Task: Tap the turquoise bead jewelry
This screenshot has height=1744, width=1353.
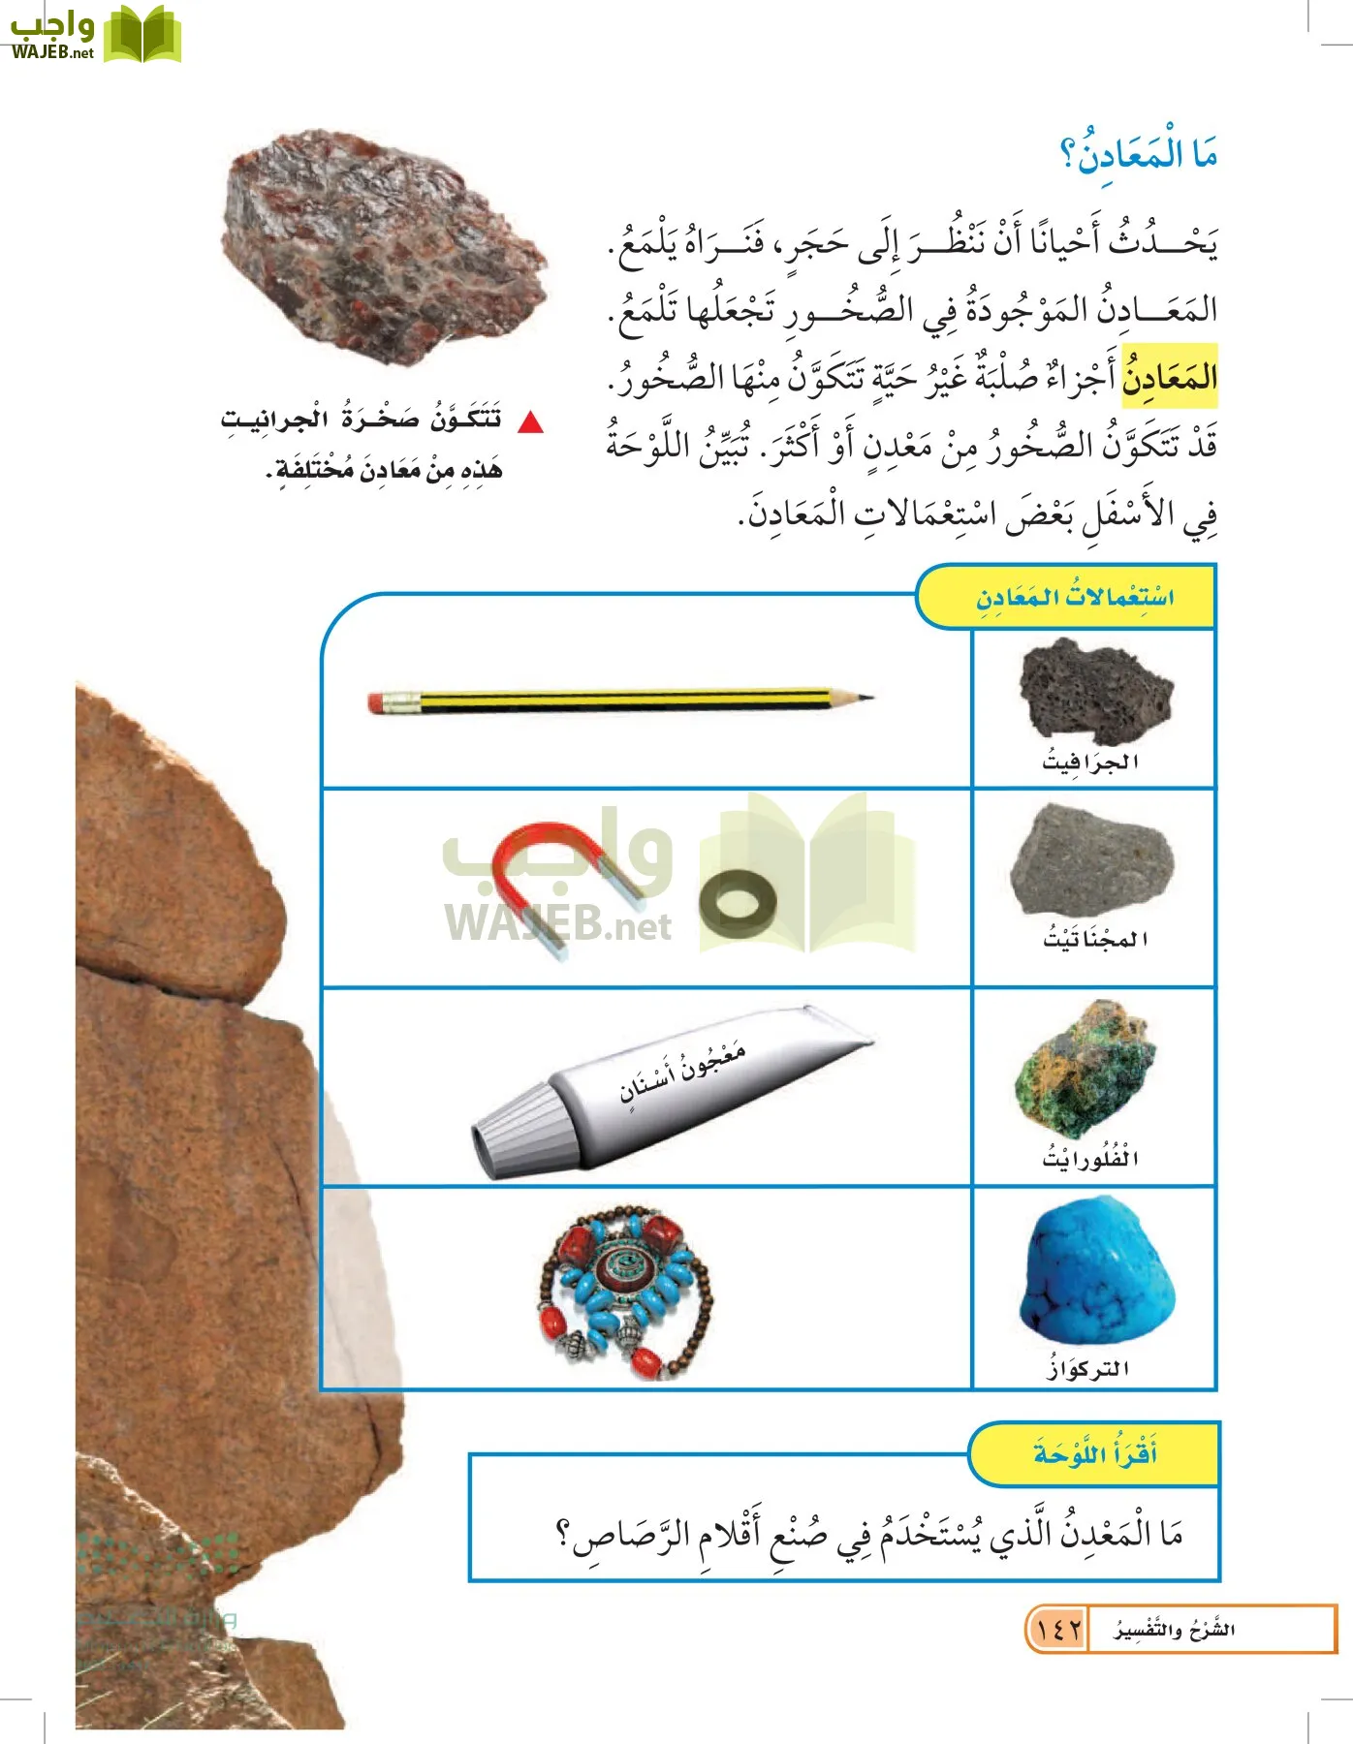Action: click(x=625, y=1291)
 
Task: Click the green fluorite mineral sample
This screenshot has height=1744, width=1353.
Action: click(x=1087, y=1072)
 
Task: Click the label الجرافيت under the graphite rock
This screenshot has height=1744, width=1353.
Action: click(x=1090, y=762)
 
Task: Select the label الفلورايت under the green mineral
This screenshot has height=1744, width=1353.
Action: click(x=1090, y=1158)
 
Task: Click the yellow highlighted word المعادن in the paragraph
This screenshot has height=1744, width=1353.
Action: click(x=1169, y=376)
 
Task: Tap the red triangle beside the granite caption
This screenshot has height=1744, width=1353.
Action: click(x=531, y=422)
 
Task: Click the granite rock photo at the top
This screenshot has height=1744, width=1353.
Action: click(x=383, y=247)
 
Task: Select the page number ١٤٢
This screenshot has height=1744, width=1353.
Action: click(x=1057, y=1630)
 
